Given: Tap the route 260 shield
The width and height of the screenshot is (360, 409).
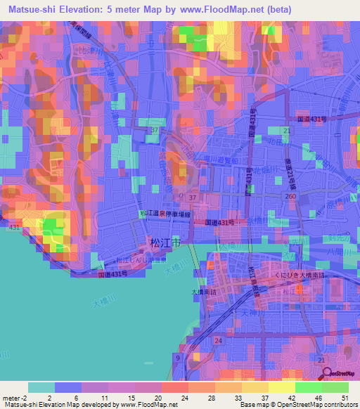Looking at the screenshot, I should pyautogui.click(x=290, y=197).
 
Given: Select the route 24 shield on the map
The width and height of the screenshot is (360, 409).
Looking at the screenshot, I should pyautogui.click(x=219, y=341).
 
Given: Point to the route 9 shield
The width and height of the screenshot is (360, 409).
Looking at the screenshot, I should pyautogui.click(x=178, y=358).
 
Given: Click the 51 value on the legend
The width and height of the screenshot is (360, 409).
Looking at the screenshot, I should pyautogui.click(x=344, y=398).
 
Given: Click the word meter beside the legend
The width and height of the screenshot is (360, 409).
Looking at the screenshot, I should pyautogui.click(x=11, y=398).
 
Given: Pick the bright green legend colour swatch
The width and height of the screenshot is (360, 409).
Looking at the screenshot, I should pyautogui.click(x=309, y=387).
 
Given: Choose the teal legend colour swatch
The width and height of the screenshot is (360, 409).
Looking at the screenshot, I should pyautogui.click(x=41, y=387).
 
